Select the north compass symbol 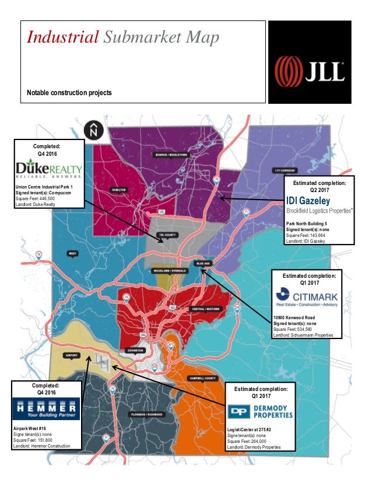tap(93, 130)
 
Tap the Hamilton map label tap(119, 190)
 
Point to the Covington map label tap(135, 350)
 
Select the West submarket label tap(73, 253)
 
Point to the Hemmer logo tap(46, 409)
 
